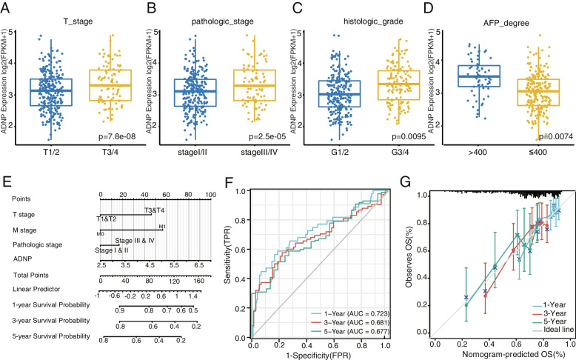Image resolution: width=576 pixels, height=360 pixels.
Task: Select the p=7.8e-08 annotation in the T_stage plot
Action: pos(107,136)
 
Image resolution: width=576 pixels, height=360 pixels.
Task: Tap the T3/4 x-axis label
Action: pos(105,154)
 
